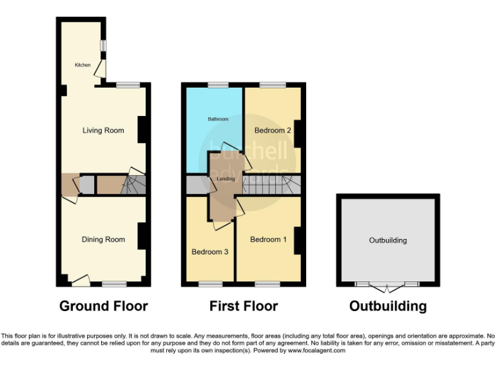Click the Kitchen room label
[82, 65]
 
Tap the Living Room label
[103, 131]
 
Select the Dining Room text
[103, 240]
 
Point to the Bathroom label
[218, 119]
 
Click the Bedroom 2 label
[273, 131]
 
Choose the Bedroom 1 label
[269, 240]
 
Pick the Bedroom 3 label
[210, 252]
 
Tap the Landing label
[224, 178]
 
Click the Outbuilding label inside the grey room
[388, 240]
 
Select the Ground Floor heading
[104, 306]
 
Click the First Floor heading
[244, 306]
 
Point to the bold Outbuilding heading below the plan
[388, 306]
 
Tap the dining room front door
[80, 281]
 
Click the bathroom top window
[218, 85]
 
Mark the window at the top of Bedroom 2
[273, 85]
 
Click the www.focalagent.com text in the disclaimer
[317, 351]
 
